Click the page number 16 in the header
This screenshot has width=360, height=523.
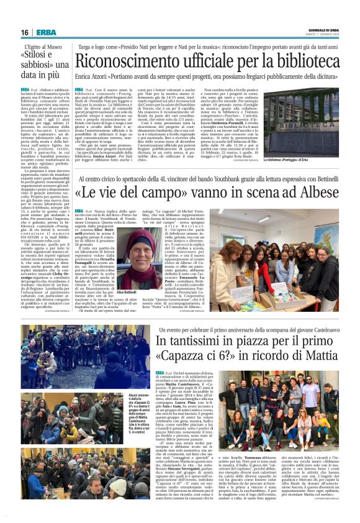pos(25,32)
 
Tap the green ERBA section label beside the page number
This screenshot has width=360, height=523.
pos(45,32)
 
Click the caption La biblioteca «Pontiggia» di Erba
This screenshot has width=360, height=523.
pos(318,160)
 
